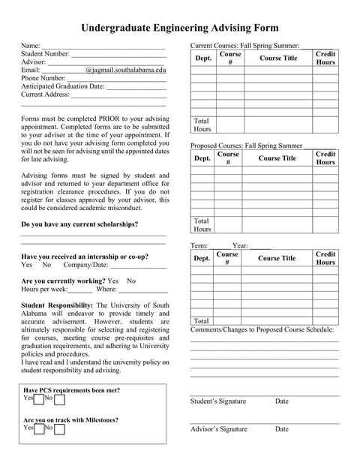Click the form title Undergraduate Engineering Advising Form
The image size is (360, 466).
pos(179,28)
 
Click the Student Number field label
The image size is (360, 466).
pos(45,54)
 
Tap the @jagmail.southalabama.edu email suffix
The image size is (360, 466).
pos(125,70)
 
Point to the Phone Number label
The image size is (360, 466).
pos(43,78)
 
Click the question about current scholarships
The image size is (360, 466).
pos(79,224)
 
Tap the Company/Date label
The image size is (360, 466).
pos(85,265)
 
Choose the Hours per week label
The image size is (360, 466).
pos(44,289)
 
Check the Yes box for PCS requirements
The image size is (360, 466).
pos(38,399)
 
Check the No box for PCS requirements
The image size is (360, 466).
pos(59,399)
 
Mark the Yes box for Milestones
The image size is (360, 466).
pos(38,428)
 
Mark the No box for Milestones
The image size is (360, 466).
pos(59,428)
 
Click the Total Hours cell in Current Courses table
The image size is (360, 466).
pos(202,125)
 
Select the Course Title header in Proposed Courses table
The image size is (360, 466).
pos(277,158)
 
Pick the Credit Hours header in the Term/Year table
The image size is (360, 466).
pos(325,258)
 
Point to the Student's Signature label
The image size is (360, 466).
pos(217,401)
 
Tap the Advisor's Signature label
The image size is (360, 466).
pos(218,429)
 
